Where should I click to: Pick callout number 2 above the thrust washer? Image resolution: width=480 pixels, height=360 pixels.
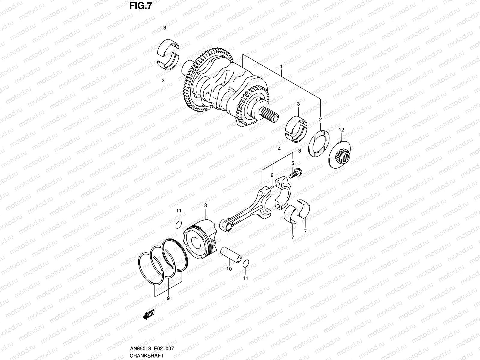tap(320, 119)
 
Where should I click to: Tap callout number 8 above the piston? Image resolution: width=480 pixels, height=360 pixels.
tap(205, 205)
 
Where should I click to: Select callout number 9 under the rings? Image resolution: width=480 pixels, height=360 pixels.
tap(168, 298)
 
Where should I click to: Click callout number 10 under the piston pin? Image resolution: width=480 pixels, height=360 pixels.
tap(229, 269)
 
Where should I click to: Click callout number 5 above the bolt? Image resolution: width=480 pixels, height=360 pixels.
tap(293, 163)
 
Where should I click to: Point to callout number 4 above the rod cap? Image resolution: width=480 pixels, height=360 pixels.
tap(279, 149)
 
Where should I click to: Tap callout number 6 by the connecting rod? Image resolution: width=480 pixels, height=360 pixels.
tap(271, 175)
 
